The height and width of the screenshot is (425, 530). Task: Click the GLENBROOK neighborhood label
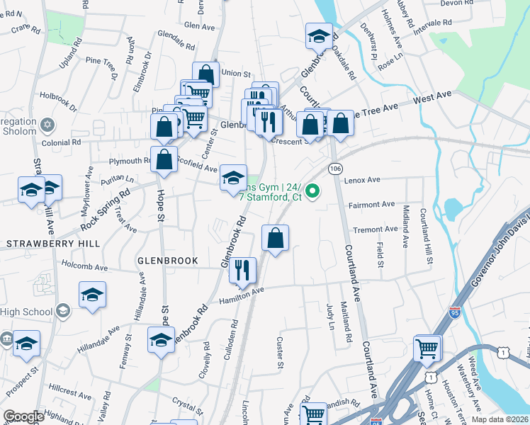(167, 261)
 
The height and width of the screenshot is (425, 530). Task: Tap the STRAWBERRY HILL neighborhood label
(53, 244)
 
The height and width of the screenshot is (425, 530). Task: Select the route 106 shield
(335, 169)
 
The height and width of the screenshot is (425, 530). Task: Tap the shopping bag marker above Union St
(205, 73)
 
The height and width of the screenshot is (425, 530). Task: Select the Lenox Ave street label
(362, 180)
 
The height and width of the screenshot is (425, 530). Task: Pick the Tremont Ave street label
(376, 229)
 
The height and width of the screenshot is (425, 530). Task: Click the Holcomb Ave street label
(84, 268)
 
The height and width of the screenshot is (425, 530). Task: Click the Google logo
(23, 416)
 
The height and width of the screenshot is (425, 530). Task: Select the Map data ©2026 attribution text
(500, 419)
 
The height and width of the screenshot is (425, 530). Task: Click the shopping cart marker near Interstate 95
(427, 347)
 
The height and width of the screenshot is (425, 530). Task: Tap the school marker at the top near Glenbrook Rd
(319, 35)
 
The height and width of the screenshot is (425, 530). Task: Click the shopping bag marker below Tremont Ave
(276, 237)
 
